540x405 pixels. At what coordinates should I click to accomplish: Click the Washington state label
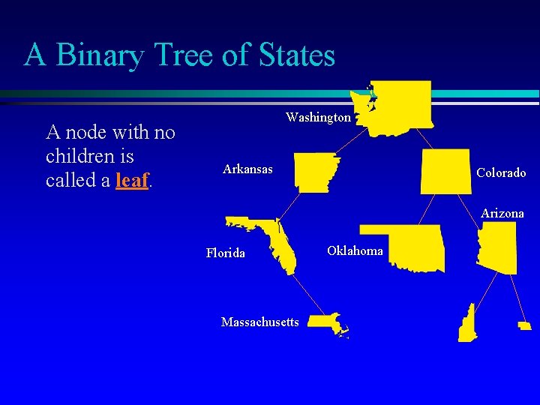tap(318, 118)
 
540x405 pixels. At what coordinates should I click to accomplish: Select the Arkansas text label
tap(247, 169)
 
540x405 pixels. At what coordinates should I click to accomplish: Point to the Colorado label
tap(501, 172)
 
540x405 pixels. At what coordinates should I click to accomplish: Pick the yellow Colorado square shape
tap(445, 172)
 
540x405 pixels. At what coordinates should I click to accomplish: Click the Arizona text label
tap(502, 214)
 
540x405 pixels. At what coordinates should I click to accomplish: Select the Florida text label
tap(225, 253)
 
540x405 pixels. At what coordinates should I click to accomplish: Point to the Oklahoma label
tap(355, 250)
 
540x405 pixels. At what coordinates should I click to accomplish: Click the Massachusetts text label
tap(259, 322)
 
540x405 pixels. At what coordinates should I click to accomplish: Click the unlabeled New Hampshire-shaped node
tap(468, 325)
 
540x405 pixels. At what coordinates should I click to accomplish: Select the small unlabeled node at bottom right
tap(524, 325)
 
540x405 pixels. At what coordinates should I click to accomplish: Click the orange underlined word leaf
tap(133, 181)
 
